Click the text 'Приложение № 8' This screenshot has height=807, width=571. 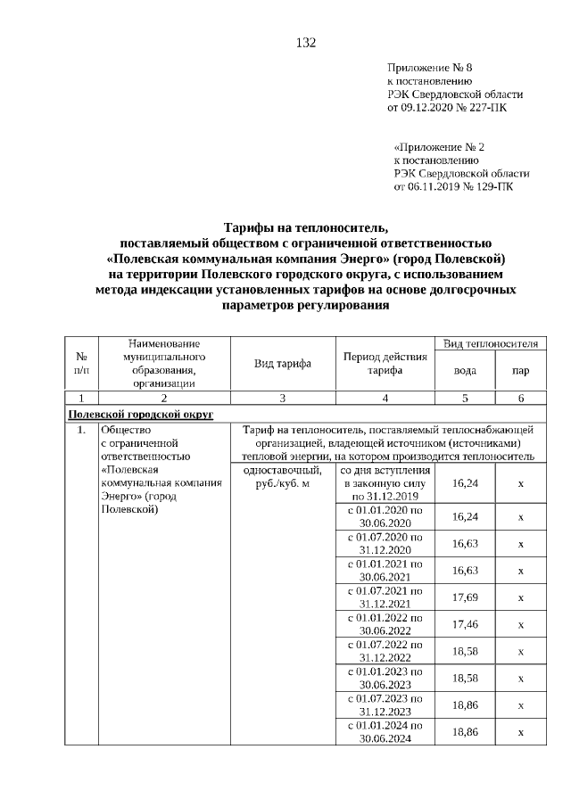click(423, 68)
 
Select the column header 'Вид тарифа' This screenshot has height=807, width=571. click(282, 364)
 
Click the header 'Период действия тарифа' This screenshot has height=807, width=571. click(385, 364)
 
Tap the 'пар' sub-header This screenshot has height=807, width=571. click(520, 371)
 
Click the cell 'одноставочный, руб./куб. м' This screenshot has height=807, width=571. click(282, 476)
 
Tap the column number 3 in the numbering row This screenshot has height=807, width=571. click(282, 399)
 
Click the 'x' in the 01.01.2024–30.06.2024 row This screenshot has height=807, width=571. click(520, 732)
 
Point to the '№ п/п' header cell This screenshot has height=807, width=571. click(81, 364)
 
